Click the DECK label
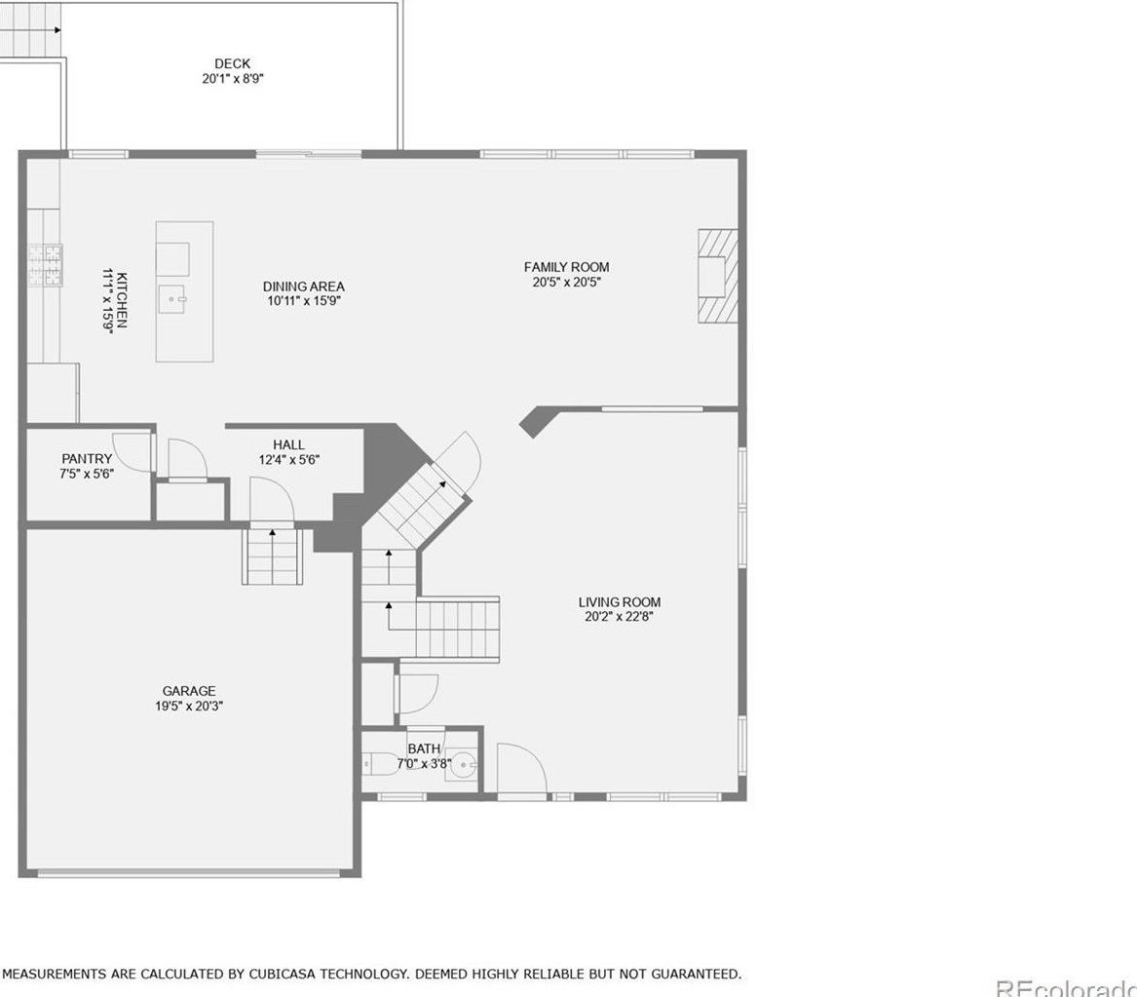pos(232,64)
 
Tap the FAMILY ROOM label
pos(566,267)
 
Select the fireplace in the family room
pos(716,276)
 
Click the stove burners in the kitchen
pos(45,265)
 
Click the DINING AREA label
pos(303,287)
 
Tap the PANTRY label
pos(87,459)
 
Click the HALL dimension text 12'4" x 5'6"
pos(288,460)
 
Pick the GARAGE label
pos(189,691)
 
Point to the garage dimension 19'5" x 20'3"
pos(189,707)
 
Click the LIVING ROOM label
pos(619,602)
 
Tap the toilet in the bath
pos(384,763)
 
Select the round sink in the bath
pos(465,763)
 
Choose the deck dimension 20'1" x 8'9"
pos(226,79)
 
